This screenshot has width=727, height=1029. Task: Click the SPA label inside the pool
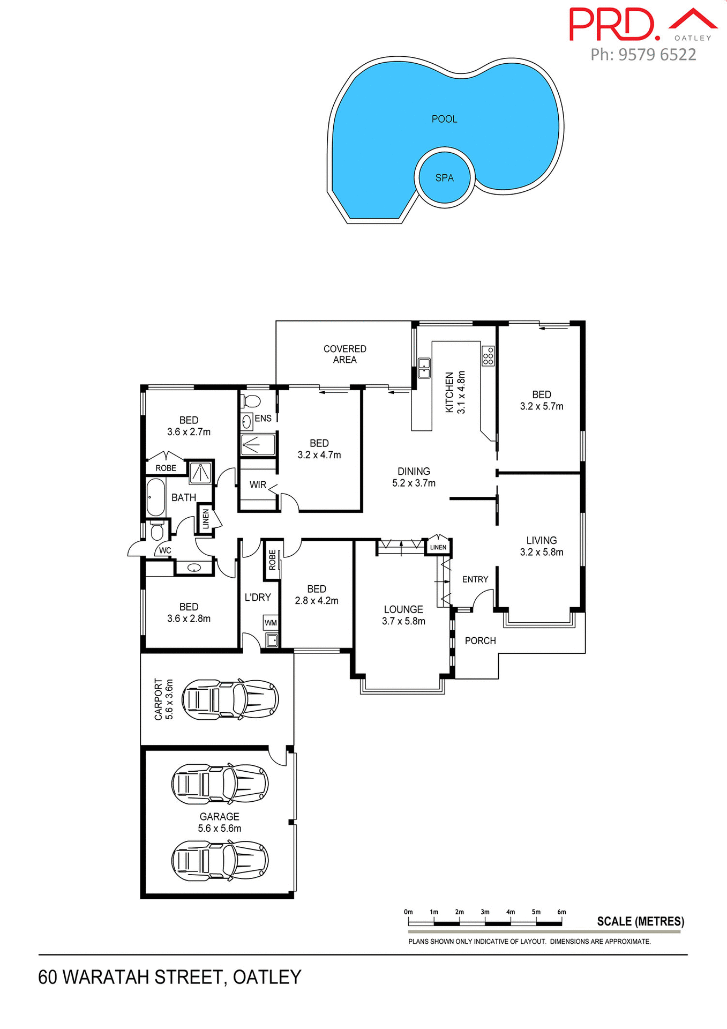pos(444,178)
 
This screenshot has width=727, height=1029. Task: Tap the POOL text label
pos(444,119)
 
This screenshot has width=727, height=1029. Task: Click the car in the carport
pos(230,699)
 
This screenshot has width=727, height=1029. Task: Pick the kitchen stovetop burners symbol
pos(488,356)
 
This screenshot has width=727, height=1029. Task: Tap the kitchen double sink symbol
pos(424,368)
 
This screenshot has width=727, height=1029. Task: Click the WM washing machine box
pos(271,623)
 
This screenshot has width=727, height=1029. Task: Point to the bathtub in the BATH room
pos(156,497)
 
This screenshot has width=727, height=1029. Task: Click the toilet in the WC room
pos(156,531)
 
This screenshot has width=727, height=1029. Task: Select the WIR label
pos(258,484)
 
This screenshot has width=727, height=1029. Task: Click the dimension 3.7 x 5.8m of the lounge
pos(403,621)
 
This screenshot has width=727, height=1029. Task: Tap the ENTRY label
pos(475,579)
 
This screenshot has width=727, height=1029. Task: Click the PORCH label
pos(480,640)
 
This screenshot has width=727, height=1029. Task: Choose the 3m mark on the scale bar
pos(485,912)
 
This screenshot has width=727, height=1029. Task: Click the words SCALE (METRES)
pos(640,921)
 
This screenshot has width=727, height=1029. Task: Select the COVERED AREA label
pos(344,354)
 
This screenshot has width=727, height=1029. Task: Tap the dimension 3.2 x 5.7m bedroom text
pos(541,406)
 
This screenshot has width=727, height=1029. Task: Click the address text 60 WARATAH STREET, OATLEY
pos(169,977)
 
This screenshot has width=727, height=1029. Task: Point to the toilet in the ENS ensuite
pos(251,401)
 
